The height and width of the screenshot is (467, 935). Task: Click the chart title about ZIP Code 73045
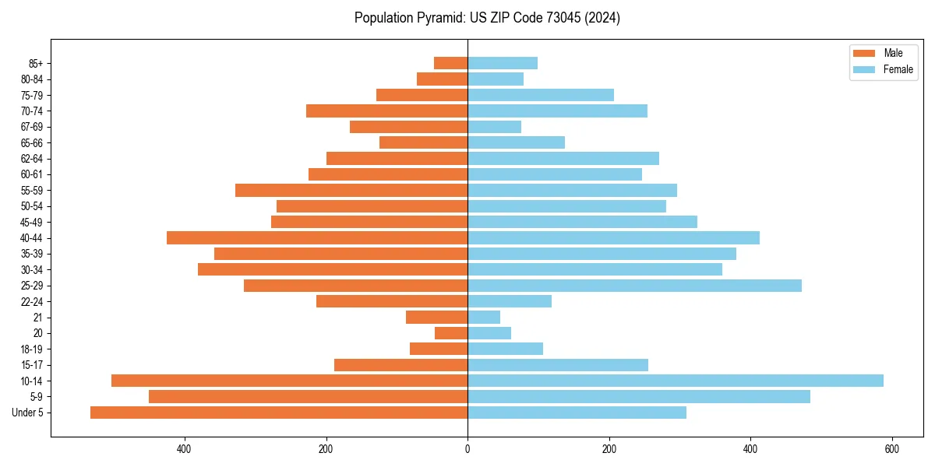pos(487,18)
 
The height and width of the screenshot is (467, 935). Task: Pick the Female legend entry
pos(884,69)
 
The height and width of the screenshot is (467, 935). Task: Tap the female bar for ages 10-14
pos(675,381)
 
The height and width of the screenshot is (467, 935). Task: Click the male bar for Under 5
pos(279,413)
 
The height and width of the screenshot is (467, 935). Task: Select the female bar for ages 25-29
pos(634,286)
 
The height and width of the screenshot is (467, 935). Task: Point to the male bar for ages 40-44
pos(317,237)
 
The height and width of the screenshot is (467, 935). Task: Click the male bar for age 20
pos(451,333)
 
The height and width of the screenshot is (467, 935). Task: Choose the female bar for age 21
pos(484,318)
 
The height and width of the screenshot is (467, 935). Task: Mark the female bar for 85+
pos(503,63)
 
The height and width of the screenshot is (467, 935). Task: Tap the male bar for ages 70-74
pos(386,111)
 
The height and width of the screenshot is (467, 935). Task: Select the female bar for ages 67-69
pos(494,127)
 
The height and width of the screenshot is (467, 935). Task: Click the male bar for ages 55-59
pos(351,190)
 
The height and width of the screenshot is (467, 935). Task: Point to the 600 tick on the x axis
pos(891,449)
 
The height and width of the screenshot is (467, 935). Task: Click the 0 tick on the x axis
pos(467,449)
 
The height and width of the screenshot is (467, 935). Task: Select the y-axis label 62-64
pos(32,159)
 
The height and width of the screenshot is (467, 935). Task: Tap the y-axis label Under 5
pos(28,413)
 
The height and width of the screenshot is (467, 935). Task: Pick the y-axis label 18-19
pos(32,349)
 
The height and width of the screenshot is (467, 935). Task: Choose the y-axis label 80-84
pos(32,79)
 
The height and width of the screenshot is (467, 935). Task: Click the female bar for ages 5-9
pos(638,397)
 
